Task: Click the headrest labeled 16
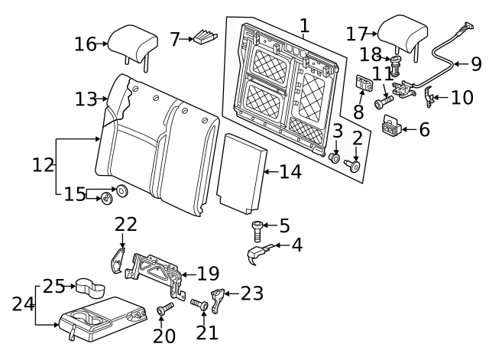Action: point(132,45)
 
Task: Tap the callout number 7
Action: point(175,39)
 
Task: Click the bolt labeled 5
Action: point(257,231)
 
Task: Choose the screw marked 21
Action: point(199,304)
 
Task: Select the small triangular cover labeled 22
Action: point(118,260)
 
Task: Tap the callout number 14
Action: point(290,171)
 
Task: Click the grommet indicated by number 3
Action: point(335,158)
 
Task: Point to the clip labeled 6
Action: point(392,125)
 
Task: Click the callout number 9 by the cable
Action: point(476,64)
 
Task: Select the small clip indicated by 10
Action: point(429,97)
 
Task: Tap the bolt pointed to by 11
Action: point(384,102)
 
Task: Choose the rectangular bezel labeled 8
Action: point(364,83)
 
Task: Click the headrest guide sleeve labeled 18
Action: point(396,66)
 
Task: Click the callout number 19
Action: point(209,274)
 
